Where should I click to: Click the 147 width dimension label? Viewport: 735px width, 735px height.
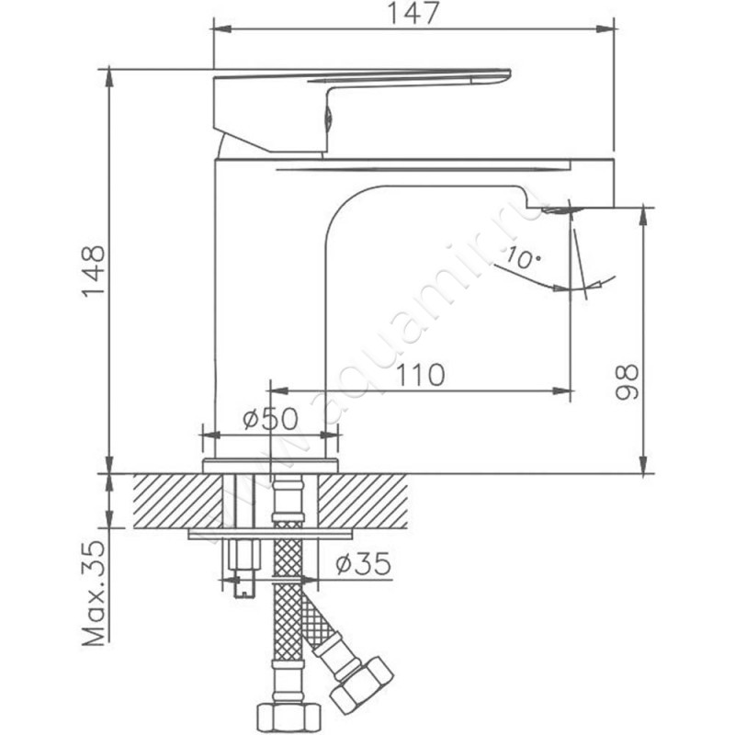tap(413, 14)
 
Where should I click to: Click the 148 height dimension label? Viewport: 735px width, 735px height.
tap(94, 271)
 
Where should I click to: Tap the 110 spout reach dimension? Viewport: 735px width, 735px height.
tap(421, 375)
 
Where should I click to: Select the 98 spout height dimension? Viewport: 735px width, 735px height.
tap(627, 382)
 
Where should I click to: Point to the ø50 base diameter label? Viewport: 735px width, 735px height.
tap(270, 419)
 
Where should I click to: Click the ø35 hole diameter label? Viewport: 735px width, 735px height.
tap(363, 563)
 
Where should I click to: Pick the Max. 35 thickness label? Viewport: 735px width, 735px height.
tap(94, 594)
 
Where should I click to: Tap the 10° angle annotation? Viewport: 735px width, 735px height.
tap(523, 257)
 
